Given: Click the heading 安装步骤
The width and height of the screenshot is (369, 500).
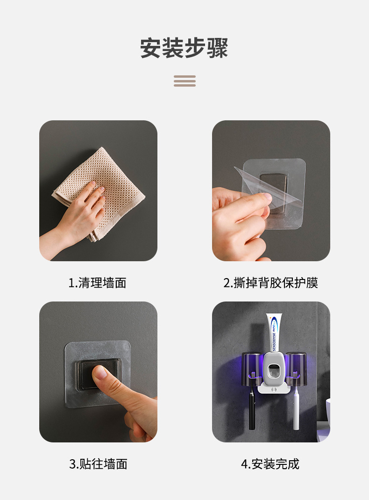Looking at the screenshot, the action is [x=184, y=48].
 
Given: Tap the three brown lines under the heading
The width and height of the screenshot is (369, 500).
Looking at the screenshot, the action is [x=184, y=81].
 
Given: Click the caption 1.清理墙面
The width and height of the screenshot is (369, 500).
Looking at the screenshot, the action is [x=98, y=283].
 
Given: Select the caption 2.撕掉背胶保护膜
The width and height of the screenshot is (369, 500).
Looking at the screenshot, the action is [x=271, y=283].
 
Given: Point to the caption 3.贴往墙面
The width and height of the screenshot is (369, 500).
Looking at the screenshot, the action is [x=98, y=464].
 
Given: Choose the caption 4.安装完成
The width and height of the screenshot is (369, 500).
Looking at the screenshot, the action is [x=270, y=464].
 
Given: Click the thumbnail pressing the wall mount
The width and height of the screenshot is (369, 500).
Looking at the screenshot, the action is [x=100, y=373].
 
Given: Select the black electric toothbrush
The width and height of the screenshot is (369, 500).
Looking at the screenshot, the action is [x=252, y=406].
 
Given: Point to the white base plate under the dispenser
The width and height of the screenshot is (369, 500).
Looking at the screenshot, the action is [x=274, y=389].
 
